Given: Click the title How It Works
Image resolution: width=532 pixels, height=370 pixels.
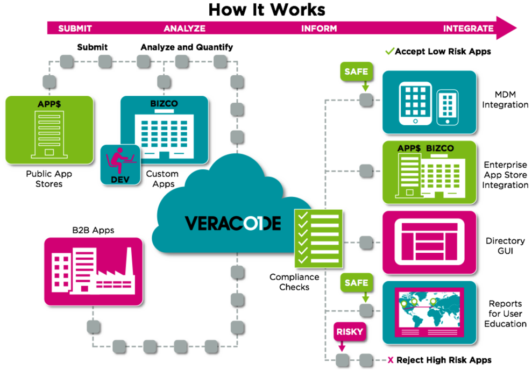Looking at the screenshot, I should click(x=266, y=10).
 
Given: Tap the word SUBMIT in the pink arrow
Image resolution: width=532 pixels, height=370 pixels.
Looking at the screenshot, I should click(x=75, y=29).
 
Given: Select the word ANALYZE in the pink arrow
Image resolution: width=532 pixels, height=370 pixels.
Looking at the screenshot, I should click(x=185, y=29).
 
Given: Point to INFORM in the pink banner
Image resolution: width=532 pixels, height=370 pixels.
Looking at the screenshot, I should click(x=319, y=29).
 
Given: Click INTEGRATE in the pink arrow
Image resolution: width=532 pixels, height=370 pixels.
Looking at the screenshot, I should click(x=468, y=29).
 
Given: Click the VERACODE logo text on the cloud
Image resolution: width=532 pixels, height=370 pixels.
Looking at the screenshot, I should click(x=233, y=223).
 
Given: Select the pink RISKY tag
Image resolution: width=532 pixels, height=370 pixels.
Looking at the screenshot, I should click(x=350, y=332).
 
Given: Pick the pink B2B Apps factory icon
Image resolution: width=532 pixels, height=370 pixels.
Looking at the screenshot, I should click(x=94, y=272).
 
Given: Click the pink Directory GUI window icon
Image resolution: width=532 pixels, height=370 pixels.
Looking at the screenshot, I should click(x=429, y=243).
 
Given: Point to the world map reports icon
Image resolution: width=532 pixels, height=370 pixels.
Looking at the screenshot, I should click(x=429, y=312).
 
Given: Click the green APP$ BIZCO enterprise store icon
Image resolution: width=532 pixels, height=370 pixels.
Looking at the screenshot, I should click(x=429, y=173).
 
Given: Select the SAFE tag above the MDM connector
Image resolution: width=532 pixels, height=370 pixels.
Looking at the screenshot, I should click(x=356, y=71).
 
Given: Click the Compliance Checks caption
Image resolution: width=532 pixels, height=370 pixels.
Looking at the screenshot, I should click(x=294, y=282).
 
